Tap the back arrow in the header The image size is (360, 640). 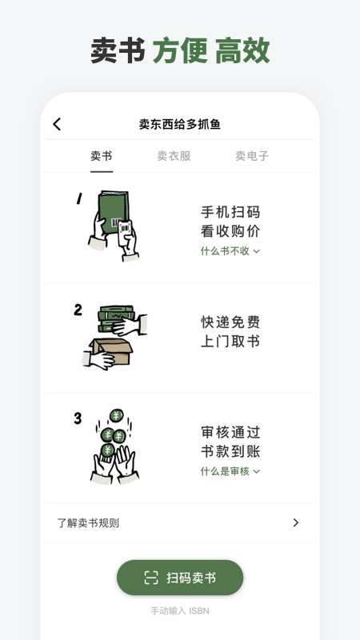(57, 124)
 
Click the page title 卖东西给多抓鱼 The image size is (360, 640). (179, 124)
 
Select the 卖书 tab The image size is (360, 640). (102, 156)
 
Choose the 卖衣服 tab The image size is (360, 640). (174, 156)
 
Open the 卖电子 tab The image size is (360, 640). (251, 156)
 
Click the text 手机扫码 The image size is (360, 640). (230, 212)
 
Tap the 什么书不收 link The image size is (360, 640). (230, 251)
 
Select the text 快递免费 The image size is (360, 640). (230, 322)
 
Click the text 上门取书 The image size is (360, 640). (230, 342)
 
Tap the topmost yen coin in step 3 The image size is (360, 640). (116, 417)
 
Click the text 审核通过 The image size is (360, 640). (230, 432)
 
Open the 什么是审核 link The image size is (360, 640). (230, 471)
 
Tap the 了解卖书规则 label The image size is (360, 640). (89, 523)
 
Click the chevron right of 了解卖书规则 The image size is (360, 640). (295, 523)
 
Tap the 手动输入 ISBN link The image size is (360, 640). (179, 610)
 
